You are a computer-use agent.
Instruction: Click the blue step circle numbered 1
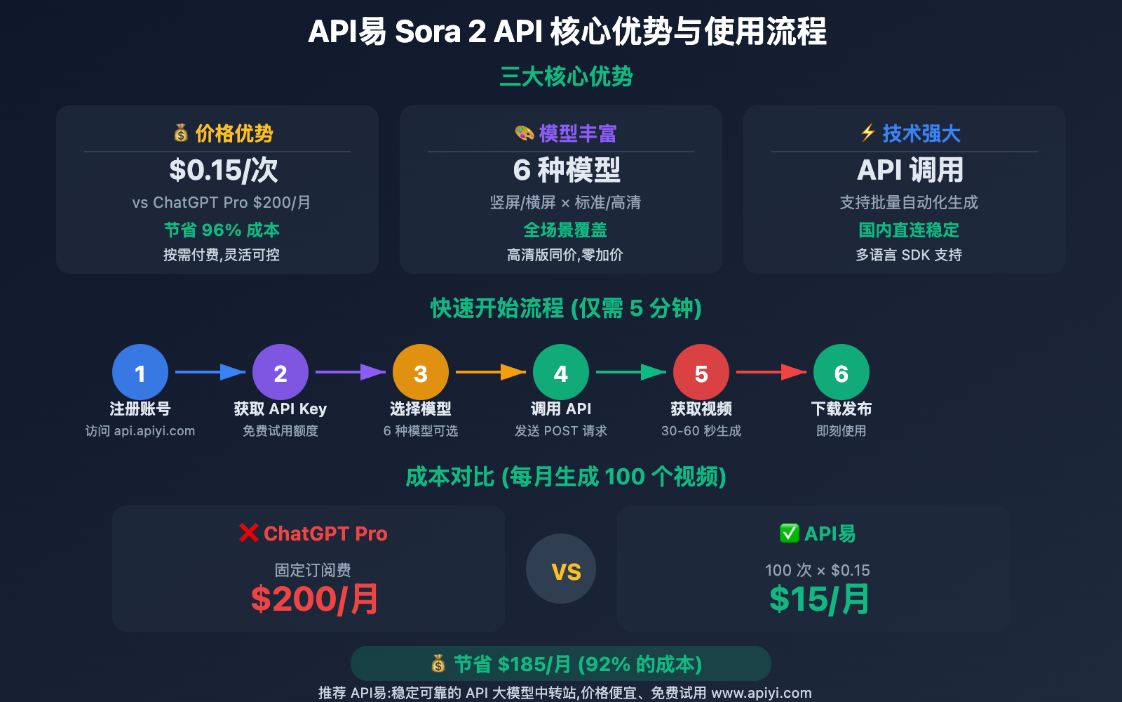(140, 372)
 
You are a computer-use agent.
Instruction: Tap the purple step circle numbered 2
(280, 372)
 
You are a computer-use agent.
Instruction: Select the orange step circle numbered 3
(421, 372)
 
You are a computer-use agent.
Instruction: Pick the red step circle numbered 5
(701, 372)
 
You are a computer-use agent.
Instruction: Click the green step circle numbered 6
(841, 372)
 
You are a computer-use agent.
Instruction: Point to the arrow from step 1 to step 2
(210, 372)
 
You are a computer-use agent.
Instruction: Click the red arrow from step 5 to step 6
(771, 372)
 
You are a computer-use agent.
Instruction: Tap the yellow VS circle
(561, 569)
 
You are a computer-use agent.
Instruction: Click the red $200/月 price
(314, 600)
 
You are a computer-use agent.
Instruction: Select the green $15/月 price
(819, 600)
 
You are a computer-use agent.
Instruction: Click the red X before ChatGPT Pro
(248, 533)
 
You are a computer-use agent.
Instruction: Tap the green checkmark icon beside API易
(789, 533)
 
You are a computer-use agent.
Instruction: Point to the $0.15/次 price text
(223, 170)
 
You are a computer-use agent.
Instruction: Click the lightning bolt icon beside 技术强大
(868, 132)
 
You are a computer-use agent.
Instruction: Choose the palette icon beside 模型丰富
(524, 133)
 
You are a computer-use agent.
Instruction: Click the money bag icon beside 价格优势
(181, 133)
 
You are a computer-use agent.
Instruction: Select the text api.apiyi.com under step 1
(154, 431)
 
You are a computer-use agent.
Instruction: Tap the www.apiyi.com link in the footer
(761, 693)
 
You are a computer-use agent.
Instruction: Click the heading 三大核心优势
(566, 77)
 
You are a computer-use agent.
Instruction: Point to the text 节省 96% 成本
(222, 230)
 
